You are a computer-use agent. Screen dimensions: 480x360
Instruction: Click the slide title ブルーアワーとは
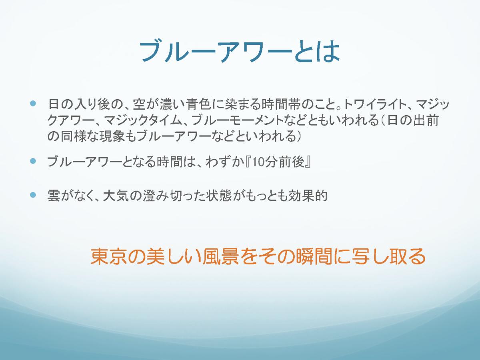pos(240,51)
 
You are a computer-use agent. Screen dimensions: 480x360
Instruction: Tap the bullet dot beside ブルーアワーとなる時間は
pos(33,161)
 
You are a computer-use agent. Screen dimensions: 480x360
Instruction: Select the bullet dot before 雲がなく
pos(33,195)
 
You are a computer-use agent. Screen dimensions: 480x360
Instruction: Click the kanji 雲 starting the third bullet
pos(54,195)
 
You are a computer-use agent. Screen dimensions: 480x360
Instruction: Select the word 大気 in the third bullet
pos(116,195)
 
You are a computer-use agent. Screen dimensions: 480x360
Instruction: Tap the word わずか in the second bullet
pos(225,162)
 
